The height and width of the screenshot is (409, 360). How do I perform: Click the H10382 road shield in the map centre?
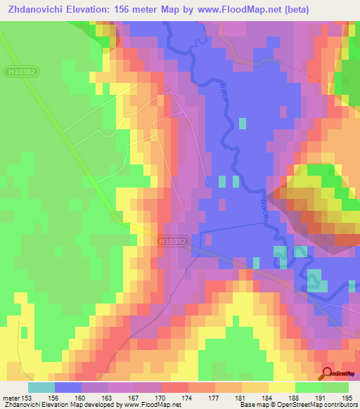172,241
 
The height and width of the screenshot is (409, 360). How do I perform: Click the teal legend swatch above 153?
41,387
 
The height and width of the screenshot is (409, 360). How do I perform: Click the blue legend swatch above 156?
68,387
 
